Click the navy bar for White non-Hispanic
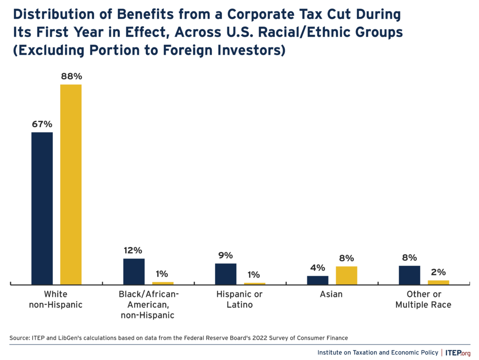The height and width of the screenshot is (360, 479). (x=42, y=208)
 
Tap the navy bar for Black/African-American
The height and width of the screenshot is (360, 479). (x=134, y=271)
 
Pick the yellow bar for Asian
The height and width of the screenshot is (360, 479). (x=346, y=275)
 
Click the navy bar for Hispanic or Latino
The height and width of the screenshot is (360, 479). (x=225, y=273)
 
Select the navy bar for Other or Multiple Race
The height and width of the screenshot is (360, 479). (x=409, y=275)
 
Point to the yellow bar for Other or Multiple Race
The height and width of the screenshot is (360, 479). (x=438, y=282)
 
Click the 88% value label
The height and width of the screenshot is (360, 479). (x=71, y=76)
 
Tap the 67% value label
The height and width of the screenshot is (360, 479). (x=42, y=124)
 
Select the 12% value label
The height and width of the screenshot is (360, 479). (x=134, y=250)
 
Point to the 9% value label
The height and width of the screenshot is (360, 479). (x=225, y=255)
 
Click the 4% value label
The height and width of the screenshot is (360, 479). (x=318, y=268)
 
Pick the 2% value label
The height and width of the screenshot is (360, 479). (x=438, y=272)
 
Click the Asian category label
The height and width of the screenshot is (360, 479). (x=331, y=294)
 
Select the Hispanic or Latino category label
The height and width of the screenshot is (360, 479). (x=239, y=300)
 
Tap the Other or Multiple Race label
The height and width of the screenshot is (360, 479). (x=423, y=300)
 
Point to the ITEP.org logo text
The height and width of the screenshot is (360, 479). (x=457, y=352)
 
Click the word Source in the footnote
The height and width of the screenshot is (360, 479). (x=18, y=338)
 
